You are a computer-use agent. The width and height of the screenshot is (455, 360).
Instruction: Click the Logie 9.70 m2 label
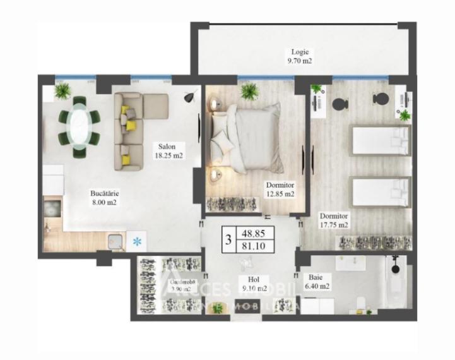[x=300, y=56]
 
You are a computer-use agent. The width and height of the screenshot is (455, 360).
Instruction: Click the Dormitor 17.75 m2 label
[x=333, y=220]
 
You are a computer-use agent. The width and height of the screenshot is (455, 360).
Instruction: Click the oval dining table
[x=79, y=124]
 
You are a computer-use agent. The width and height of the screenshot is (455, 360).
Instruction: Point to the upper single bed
[x=380, y=139]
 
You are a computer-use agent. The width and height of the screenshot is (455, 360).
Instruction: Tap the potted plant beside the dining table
[x=62, y=91]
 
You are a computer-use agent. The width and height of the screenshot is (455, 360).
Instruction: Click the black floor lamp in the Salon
[x=188, y=96]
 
